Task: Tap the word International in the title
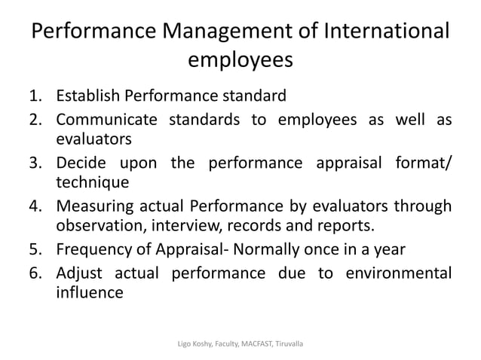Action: pos(382,35)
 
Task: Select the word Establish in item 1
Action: pos(89,96)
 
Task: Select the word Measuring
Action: pos(99,207)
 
